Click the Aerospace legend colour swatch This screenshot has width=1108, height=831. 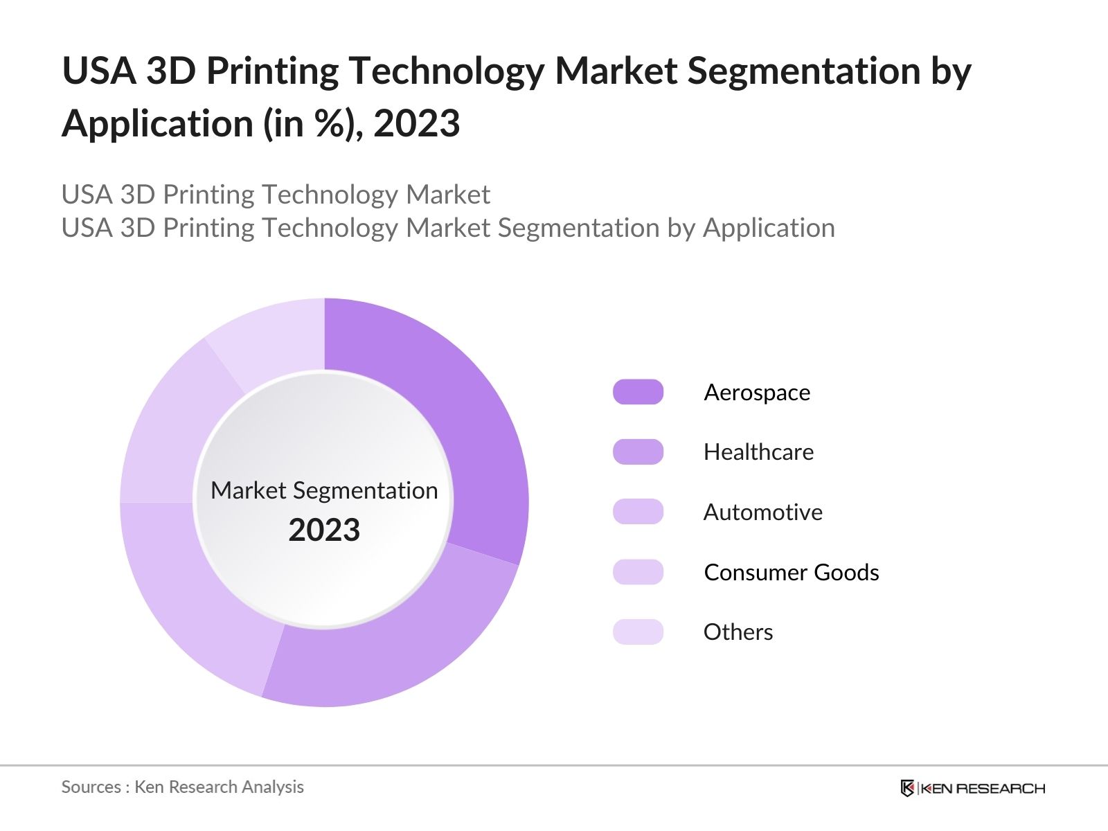[x=638, y=392]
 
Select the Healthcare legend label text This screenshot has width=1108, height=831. [x=758, y=452]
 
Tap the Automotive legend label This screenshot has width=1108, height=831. [x=762, y=512]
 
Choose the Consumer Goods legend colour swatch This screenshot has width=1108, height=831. [x=638, y=572]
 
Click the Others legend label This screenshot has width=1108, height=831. [x=738, y=632]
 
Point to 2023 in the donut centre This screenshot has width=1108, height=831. [x=324, y=530]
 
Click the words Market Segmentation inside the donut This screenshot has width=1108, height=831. [x=324, y=490]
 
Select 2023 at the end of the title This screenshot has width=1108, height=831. [x=416, y=125]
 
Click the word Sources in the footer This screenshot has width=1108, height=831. [x=91, y=787]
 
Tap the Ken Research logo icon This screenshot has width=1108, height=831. [x=907, y=788]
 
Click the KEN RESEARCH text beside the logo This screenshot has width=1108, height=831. [x=982, y=788]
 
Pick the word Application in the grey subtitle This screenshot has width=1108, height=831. [x=769, y=228]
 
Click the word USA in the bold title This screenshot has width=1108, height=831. [x=98, y=71]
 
